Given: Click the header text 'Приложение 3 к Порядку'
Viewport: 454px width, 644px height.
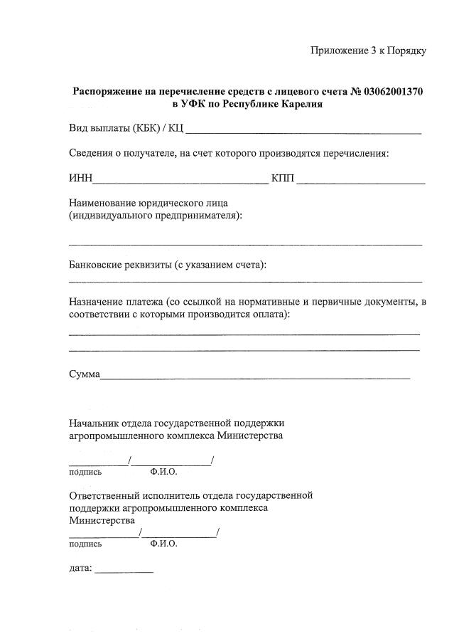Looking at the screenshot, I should tap(368, 51).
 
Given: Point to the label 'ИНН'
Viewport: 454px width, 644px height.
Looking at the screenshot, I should tap(80, 178).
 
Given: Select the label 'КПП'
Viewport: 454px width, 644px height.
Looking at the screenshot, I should tap(283, 178).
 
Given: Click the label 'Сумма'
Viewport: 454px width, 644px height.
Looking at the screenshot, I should tap(84, 374).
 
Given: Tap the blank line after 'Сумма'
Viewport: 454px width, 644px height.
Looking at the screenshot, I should tap(255, 376).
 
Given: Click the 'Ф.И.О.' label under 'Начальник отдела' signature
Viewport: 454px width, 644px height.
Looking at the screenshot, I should tap(163, 472).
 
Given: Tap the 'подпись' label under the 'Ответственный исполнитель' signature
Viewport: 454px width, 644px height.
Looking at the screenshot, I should tap(85, 544).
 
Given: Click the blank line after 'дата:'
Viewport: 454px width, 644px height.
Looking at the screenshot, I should tap(124, 571).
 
